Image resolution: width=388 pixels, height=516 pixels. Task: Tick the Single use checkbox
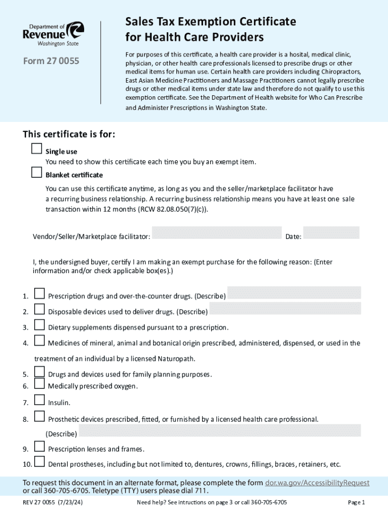click(36, 149)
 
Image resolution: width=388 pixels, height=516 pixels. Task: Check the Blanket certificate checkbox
click(36, 172)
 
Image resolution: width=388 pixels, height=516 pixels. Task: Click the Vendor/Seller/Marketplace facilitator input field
click(217, 233)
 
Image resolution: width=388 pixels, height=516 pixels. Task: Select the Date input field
click(331, 233)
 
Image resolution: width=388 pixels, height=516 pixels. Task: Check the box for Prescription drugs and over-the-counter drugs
click(39, 293)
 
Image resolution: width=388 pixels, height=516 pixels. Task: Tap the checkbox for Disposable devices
click(39, 309)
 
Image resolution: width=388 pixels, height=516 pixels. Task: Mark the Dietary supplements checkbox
click(39, 325)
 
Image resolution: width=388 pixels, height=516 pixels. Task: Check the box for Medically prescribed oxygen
click(39, 384)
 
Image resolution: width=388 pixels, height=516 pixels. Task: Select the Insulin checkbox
click(39, 400)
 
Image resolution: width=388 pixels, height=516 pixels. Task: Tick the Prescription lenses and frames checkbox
click(39, 446)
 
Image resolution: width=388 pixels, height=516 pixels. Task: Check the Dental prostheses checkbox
click(39, 462)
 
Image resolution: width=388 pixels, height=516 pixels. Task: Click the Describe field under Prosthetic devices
click(220, 430)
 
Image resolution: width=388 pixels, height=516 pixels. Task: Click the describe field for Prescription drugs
click(294, 293)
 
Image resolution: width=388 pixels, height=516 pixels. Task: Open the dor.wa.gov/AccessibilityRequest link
click(317, 483)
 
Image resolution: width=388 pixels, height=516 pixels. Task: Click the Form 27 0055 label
click(51, 62)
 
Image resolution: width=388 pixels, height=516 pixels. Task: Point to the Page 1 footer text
click(356, 502)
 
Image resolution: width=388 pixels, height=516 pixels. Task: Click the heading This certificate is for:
click(69, 135)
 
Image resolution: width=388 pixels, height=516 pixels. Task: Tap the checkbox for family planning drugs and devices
click(39, 372)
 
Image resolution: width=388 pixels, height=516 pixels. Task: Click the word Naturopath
click(176, 359)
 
